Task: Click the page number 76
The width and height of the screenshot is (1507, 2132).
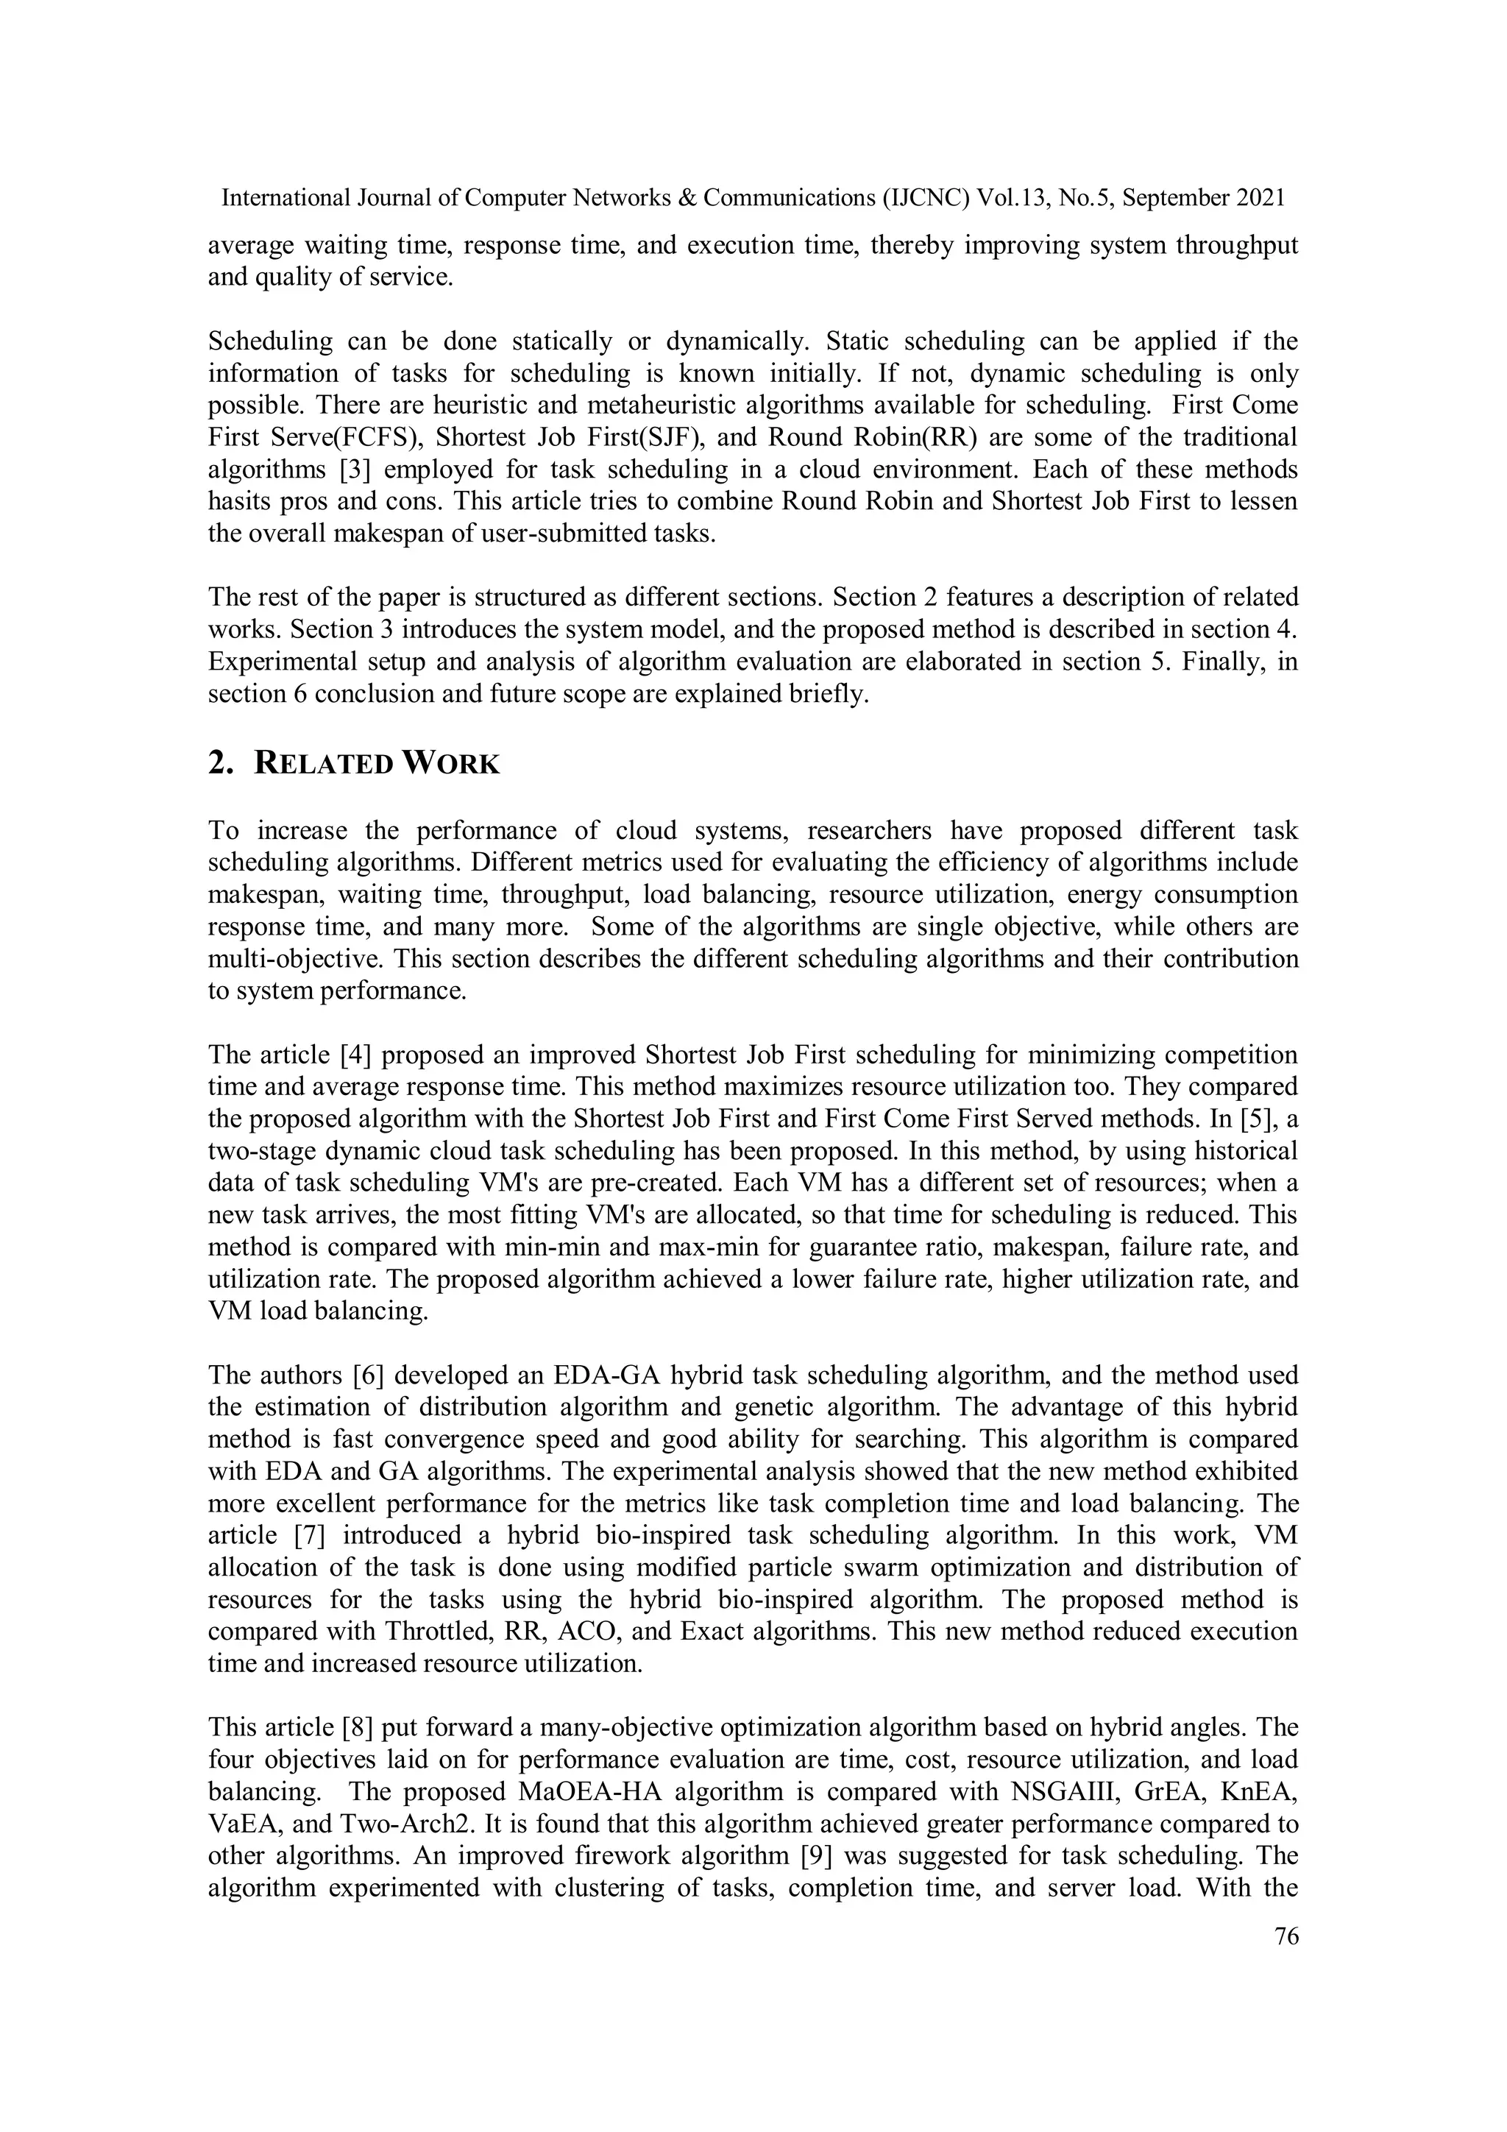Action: click(1286, 1936)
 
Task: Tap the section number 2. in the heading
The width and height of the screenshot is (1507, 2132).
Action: click(220, 764)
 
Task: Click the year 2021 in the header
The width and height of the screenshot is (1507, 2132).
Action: click(1260, 198)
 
